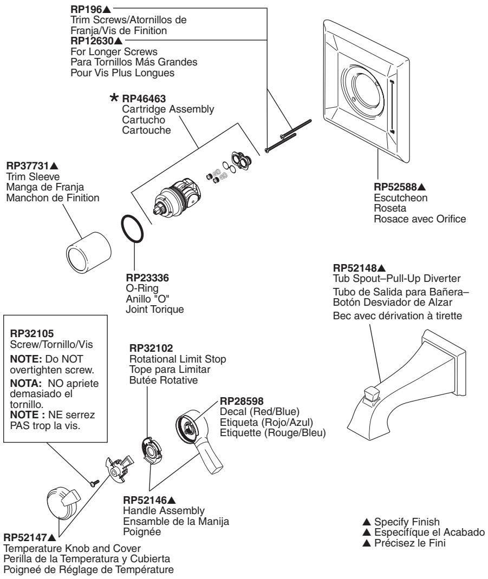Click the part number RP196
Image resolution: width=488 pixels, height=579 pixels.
tap(86, 9)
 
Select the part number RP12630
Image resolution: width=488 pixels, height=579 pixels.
tap(92, 41)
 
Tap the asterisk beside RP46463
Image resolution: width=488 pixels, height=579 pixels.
tap(114, 97)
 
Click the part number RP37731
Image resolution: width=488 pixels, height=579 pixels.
tap(28, 166)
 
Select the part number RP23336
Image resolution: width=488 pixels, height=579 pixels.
tap(147, 277)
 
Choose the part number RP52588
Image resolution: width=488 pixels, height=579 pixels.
tap(395, 187)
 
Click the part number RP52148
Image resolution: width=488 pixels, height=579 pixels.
tap(355, 268)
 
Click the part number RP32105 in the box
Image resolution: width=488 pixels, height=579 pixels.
tap(32, 333)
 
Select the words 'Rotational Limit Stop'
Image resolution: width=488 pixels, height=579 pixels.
tap(178, 359)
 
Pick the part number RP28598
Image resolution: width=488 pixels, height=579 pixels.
tap(242, 401)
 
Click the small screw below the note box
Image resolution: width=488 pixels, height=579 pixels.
tap(95, 482)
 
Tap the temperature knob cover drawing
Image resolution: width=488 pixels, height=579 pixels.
tap(63, 502)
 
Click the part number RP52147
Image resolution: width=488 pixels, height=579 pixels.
tap(25, 537)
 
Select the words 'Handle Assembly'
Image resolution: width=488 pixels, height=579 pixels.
tap(164, 511)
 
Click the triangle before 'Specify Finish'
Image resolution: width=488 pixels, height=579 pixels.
tap(366, 522)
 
